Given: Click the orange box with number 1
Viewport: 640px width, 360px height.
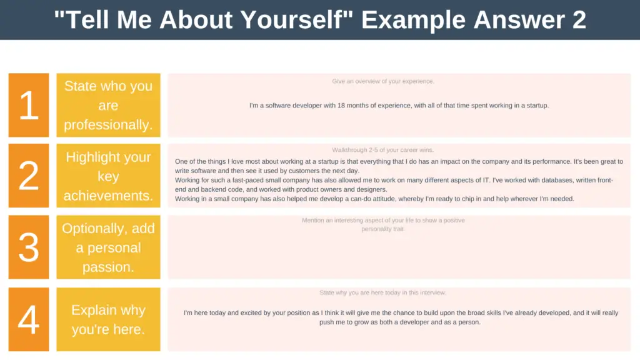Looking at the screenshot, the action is pos(29,105).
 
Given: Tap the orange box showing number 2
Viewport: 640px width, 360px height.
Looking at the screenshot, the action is pos(29,176).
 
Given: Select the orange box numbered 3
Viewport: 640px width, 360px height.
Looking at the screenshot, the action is pos(29,247).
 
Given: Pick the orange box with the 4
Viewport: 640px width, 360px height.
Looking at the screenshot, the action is pos(29,319).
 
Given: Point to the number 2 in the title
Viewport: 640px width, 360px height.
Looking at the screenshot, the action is pos(579,19).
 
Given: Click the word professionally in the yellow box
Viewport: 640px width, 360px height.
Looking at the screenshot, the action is pos(108,124).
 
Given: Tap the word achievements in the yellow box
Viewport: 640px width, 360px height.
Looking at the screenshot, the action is pos(108,196).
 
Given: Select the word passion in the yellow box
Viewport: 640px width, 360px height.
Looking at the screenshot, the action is pos(108,267).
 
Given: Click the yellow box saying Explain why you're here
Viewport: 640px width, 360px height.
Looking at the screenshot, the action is pos(109,319).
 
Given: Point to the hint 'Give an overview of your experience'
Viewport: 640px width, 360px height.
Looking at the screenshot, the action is pos(383,81).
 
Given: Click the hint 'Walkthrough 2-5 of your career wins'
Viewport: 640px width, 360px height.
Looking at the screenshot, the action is pos(383,150).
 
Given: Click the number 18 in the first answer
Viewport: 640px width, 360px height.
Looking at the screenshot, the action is pos(341,105).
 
